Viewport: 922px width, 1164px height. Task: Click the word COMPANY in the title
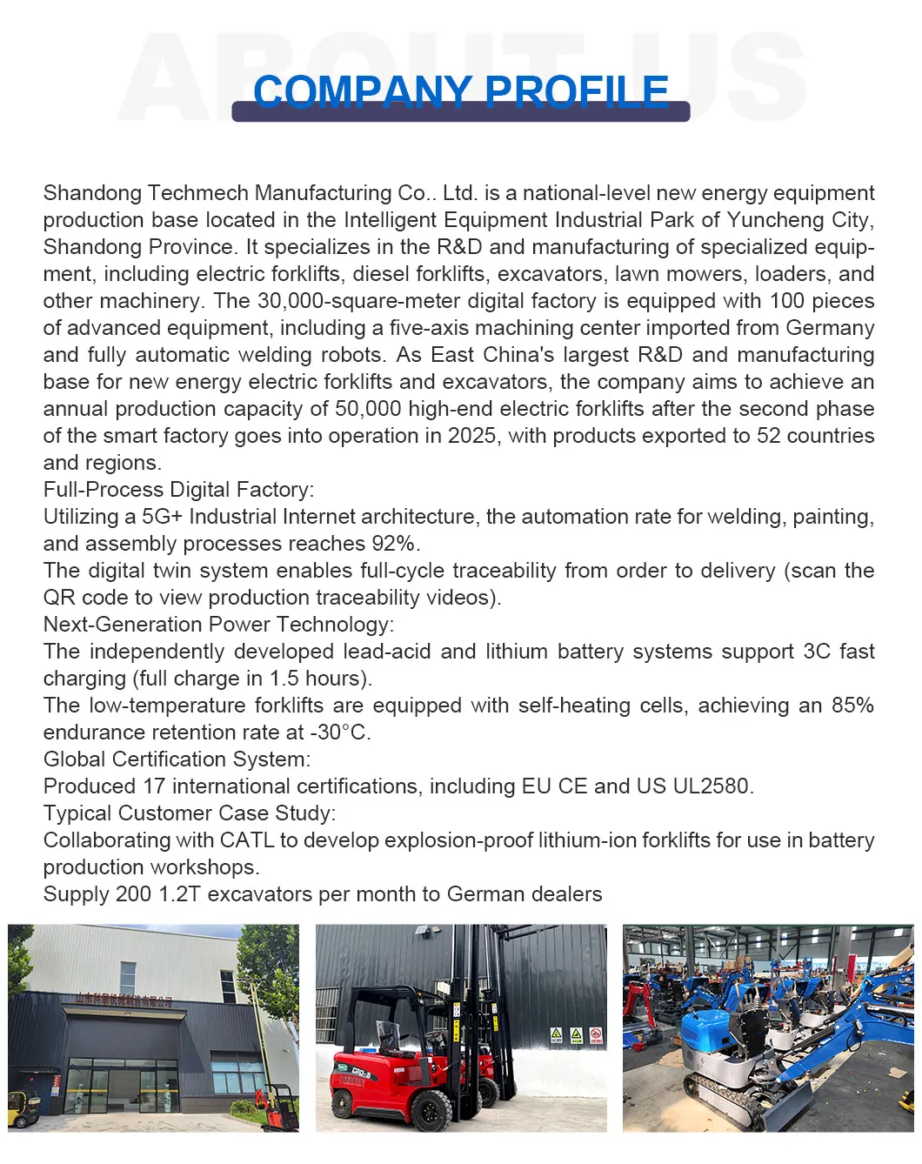pyautogui.click(x=362, y=91)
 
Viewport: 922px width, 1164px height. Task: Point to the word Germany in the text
pyautogui.click(x=830, y=328)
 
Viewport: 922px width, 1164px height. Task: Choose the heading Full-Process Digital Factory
pyautogui.click(x=178, y=490)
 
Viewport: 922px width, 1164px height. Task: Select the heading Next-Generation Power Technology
pyautogui.click(x=218, y=625)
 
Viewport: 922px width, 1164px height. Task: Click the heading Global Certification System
pyautogui.click(x=177, y=759)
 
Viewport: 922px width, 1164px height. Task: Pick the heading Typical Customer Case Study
pyautogui.click(x=189, y=813)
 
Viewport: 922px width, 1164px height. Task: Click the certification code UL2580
pyautogui.click(x=711, y=786)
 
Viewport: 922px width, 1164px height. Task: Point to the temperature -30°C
pyautogui.click(x=340, y=733)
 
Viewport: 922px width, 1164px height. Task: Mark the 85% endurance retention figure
pyautogui.click(x=852, y=706)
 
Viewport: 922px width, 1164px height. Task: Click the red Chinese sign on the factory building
pyautogui.click(x=124, y=1000)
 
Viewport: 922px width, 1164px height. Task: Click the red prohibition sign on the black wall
pyautogui.click(x=596, y=1035)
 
